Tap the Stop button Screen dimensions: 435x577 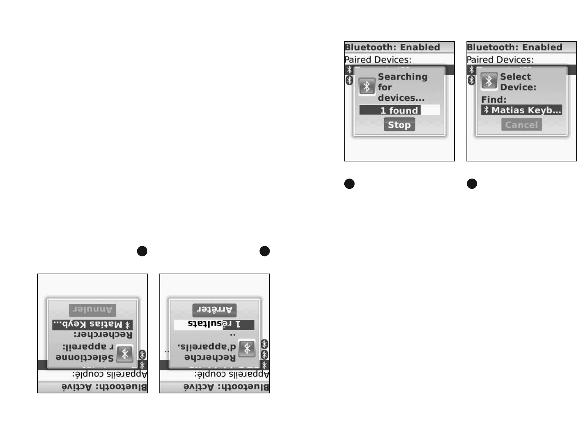pos(399,125)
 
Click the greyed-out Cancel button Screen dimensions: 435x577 pos(521,125)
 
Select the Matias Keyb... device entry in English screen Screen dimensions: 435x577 pos(522,110)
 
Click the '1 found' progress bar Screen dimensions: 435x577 pos(399,110)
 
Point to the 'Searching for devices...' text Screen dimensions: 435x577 pos(402,87)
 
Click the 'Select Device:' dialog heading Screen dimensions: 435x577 pos(518,82)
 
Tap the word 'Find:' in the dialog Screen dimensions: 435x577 pos(493,99)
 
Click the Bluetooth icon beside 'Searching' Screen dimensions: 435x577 pos(367,87)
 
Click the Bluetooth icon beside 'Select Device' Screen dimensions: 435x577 pos(489,81)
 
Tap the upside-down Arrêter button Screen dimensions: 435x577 pos(214,310)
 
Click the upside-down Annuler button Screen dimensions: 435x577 pos(92,310)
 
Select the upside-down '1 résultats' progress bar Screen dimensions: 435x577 pos(214,324)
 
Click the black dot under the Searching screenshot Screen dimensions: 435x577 pos(349,184)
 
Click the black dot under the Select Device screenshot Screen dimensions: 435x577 pos(472,184)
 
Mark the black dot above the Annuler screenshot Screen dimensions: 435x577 pos(142,251)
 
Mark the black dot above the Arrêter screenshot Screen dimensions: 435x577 pos(264,251)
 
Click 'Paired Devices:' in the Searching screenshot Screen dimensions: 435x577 pos(378,60)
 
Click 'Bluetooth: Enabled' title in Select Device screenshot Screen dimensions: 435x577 pos(515,47)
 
